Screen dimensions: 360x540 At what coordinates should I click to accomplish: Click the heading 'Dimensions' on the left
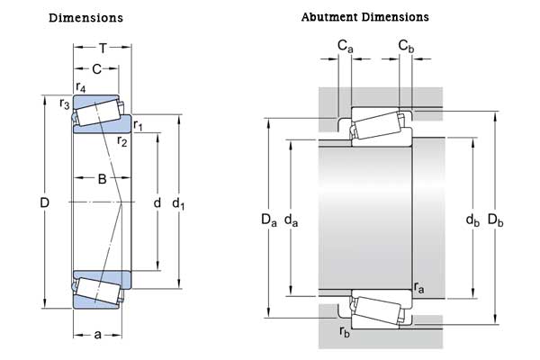click(86, 18)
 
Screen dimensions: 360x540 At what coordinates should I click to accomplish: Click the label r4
click(82, 88)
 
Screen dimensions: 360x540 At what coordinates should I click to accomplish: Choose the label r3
click(64, 104)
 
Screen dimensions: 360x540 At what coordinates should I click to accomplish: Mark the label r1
click(138, 123)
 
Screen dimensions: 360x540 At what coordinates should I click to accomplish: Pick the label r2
click(122, 140)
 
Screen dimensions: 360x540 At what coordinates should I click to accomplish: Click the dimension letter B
click(102, 179)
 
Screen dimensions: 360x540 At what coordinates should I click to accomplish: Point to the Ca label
click(345, 45)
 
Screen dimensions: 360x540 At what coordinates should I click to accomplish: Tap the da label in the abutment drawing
click(290, 219)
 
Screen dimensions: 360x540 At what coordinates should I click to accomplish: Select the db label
click(472, 219)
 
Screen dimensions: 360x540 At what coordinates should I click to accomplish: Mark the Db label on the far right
click(496, 219)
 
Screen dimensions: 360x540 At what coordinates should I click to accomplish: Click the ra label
click(419, 288)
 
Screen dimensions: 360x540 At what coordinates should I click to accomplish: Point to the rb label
click(345, 331)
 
